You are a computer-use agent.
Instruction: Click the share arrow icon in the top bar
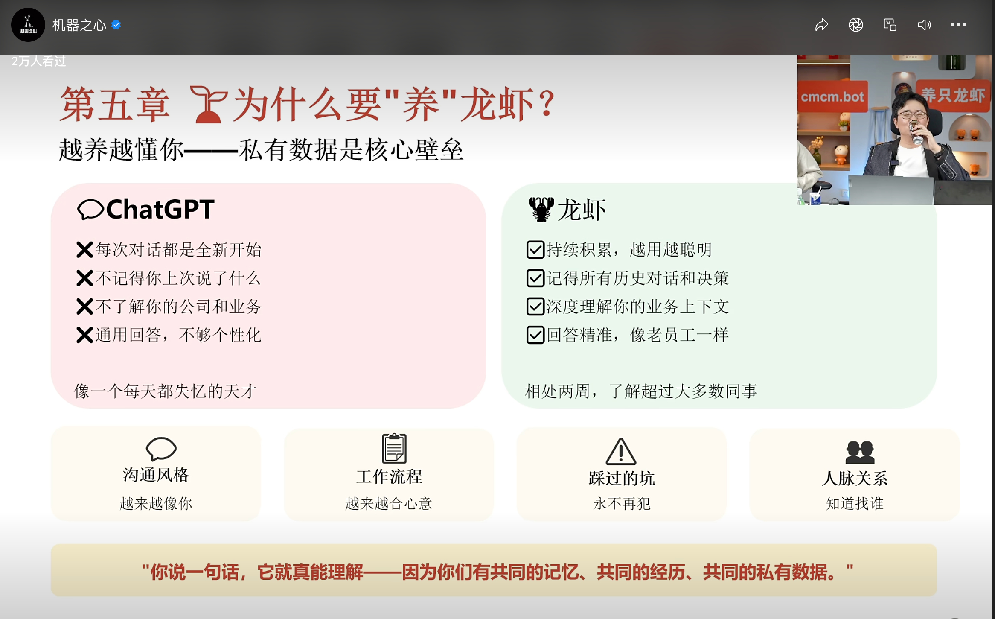pyautogui.click(x=821, y=25)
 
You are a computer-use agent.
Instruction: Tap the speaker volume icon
pyautogui.click(x=924, y=25)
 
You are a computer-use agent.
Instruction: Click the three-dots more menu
pyautogui.click(x=958, y=25)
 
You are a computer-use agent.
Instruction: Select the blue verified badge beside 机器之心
pyautogui.click(x=116, y=25)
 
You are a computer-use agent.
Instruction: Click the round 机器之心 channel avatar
pyautogui.click(x=28, y=25)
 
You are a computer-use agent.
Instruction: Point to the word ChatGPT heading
pyautogui.click(x=160, y=209)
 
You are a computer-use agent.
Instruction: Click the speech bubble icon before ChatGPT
pyautogui.click(x=90, y=210)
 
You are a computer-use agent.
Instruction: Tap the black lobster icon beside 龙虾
pyautogui.click(x=541, y=209)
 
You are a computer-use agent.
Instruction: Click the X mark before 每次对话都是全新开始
pyautogui.click(x=84, y=250)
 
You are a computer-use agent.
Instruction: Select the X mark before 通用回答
pyautogui.click(x=84, y=335)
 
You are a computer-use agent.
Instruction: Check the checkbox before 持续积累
pyautogui.click(x=535, y=250)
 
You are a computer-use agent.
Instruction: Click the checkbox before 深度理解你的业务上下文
pyautogui.click(x=535, y=307)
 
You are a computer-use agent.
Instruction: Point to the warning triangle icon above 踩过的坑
pyautogui.click(x=621, y=452)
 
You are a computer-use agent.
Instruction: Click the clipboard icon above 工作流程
pyautogui.click(x=394, y=448)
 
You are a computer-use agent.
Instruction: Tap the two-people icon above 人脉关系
pyautogui.click(x=860, y=452)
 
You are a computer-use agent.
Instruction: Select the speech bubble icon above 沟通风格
pyautogui.click(x=161, y=448)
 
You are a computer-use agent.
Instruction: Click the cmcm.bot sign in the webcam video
pyautogui.click(x=832, y=97)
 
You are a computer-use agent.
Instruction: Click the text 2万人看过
pyautogui.click(x=39, y=61)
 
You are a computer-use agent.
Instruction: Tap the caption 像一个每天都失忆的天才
pyautogui.click(x=166, y=391)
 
